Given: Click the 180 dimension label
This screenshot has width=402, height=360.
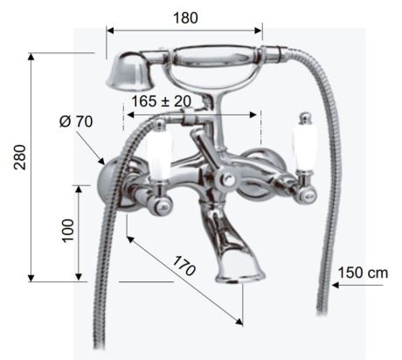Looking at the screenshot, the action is tap(185, 17).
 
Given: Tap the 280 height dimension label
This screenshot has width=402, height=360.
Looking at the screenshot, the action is tap(21, 157).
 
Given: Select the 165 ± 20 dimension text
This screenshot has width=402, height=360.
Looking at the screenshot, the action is tap(162, 101).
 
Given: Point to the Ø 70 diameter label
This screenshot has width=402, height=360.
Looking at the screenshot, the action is tap(76, 121).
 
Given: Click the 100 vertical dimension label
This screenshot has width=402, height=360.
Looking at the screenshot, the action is tap(68, 231).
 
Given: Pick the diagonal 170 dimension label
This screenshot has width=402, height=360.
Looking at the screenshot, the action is tap(184, 266).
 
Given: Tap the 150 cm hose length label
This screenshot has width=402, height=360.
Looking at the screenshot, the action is tap(363, 273).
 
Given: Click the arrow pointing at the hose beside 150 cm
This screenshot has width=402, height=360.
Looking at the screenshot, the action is tap(357, 285).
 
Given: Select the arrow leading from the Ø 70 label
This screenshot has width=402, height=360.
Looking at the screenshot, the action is tap(90, 149).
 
